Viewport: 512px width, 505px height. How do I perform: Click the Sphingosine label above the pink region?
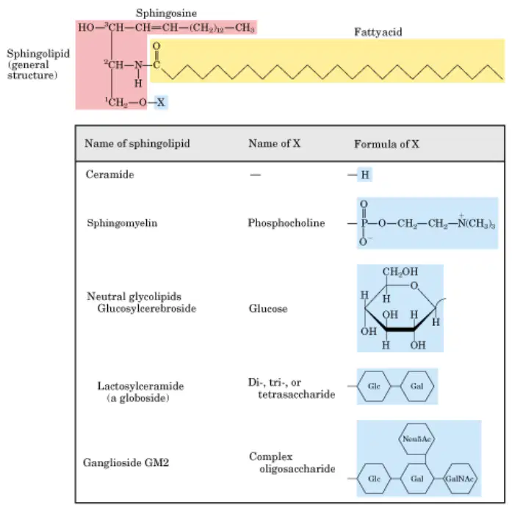pos(166,13)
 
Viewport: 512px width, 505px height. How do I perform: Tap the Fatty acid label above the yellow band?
pos(378,32)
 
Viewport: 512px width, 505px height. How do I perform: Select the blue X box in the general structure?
pos(161,103)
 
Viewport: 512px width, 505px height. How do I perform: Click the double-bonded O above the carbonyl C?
pos(156,46)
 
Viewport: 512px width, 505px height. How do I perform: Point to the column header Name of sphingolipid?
pos(137,144)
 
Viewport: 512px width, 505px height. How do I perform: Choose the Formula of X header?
pos(386,144)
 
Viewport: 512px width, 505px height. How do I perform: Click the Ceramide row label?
pos(109,175)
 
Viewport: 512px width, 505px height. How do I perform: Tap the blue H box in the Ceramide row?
pos(365,175)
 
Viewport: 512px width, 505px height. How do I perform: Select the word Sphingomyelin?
pos(122,223)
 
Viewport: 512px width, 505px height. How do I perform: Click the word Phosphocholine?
pos(286,223)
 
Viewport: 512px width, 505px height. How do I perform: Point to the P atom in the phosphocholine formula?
pos(364,223)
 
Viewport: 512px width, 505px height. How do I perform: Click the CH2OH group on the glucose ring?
pos(400,272)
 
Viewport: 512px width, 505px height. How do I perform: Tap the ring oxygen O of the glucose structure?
pos(414,286)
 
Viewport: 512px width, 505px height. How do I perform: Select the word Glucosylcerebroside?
pos(147,308)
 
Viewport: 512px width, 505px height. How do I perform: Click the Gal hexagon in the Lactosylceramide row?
pos(417,386)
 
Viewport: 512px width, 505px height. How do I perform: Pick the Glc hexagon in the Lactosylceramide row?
pos(374,386)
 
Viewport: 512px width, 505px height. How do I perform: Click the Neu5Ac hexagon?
pos(417,439)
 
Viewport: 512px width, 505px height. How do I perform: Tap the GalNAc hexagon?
pos(459,479)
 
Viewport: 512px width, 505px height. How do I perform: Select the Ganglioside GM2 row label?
pos(126,462)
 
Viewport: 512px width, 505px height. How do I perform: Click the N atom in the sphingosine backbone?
pos(138,65)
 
